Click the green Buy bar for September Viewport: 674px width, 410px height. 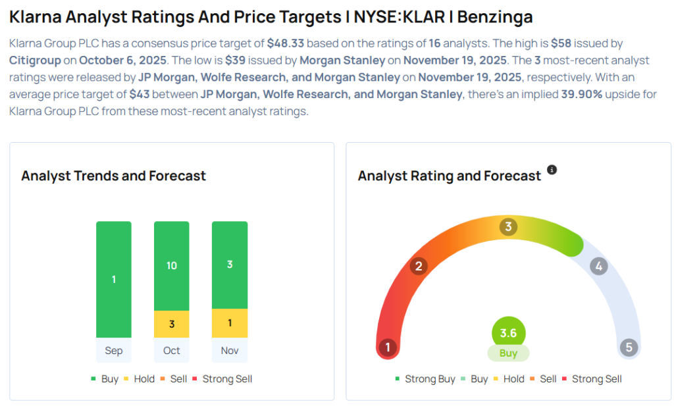click(114, 279)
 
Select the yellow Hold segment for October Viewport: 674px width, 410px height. click(172, 324)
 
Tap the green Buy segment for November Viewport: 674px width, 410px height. click(230, 265)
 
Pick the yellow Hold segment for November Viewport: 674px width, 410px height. click(230, 323)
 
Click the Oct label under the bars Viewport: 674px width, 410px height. click(172, 350)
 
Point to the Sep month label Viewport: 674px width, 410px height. click(114, 350)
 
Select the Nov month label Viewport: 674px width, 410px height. click(230, 350)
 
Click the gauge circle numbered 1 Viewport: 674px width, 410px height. click(388, 347)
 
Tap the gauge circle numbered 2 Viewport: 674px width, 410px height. click(418, 266)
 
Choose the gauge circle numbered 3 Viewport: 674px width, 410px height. click(507, 227)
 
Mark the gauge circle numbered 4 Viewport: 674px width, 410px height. click(598, 266)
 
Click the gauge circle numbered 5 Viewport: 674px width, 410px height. click(629, 347)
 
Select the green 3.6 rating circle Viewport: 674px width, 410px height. click(508, 333)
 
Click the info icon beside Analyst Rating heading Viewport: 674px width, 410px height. click(552, 170)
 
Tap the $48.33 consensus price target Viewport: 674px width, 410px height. click(285, 43)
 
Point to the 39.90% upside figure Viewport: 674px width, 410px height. click(581, 94)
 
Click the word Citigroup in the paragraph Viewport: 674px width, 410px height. click(41, 61)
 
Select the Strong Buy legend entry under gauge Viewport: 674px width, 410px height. click(425, 379)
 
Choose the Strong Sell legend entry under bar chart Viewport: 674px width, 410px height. click(226, 379)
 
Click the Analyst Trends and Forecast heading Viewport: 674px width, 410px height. click(113, 176)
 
